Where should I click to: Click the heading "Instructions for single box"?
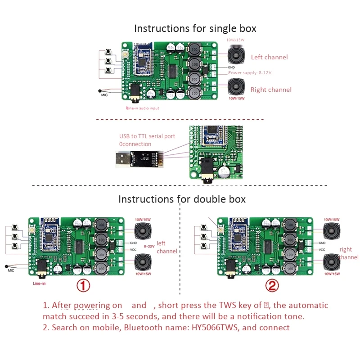(195, 28)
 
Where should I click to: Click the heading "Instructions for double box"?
(182, 198)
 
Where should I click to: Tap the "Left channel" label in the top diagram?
(269, 57)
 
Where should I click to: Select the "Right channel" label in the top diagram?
(271, 90)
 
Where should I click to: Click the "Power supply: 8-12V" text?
(250, 72)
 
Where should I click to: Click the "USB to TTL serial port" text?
(147, 136)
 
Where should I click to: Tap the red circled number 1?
(83, 285)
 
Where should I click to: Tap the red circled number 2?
(272, 285)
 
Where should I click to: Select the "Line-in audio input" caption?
(143, 108)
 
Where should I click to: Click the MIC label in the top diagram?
(104, 95)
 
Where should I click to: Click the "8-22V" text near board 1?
(148, 246)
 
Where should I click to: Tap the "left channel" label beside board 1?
(167, 247)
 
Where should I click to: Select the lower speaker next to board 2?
(332, 262)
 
